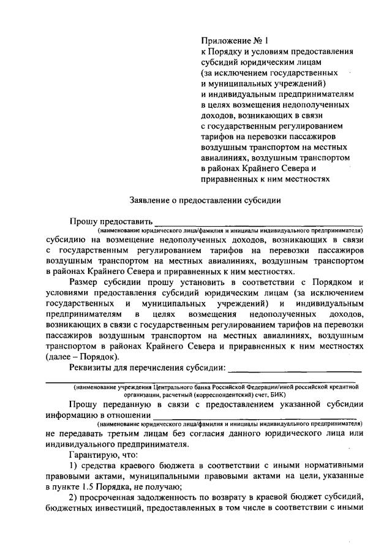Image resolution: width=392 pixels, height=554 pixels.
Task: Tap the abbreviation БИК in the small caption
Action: point(285,396)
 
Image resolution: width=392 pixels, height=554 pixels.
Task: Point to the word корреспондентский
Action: point(226,396)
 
